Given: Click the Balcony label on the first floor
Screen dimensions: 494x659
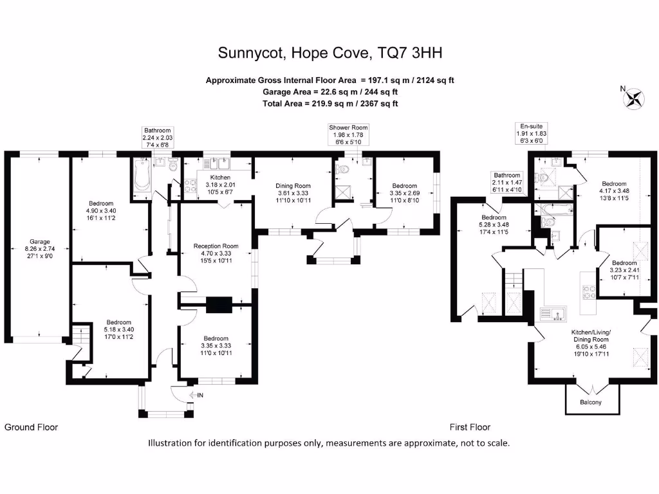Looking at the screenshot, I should click(x=591, y=403).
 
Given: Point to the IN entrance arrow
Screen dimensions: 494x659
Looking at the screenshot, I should click(x=197, y=394).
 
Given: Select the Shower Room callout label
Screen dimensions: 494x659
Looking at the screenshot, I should click(x=348, y=134).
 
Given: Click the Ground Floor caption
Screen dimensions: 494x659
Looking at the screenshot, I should click(x=31, y=427).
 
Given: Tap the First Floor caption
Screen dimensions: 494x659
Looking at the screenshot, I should click(x=469, y=427).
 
